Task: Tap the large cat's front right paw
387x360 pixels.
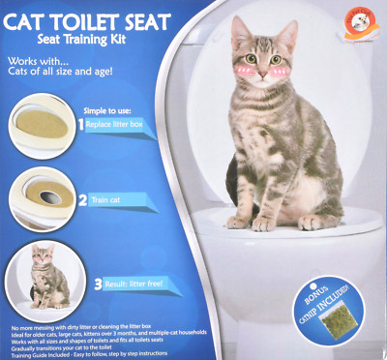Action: coord(260,223)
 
